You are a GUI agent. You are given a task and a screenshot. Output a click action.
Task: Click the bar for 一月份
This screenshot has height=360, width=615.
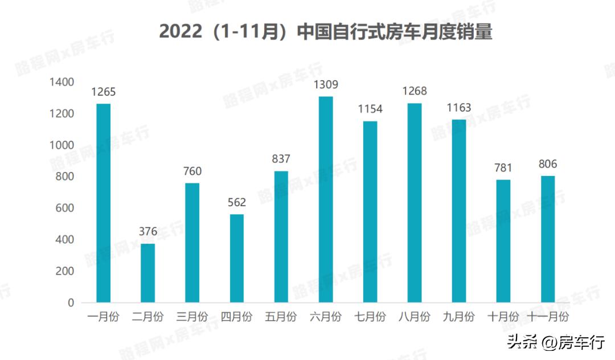(103, 203)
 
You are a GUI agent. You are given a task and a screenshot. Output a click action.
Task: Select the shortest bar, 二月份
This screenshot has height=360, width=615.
(147, 273)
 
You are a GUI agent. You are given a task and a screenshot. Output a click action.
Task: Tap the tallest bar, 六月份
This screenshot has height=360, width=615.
(325, 199)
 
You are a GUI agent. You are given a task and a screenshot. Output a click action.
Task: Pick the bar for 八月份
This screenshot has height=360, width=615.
(415, 202)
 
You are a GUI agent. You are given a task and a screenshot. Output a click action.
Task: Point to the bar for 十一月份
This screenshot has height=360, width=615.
(547, 239)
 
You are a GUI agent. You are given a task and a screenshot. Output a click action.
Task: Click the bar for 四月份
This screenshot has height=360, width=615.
(236, 258)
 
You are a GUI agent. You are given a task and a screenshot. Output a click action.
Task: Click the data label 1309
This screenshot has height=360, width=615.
(326, 85)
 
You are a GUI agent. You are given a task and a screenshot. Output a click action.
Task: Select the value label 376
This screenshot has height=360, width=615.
(148, 232)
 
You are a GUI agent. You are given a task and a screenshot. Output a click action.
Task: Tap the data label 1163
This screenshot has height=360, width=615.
(459, 108)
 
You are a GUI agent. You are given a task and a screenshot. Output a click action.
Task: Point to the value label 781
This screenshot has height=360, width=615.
(503, 168)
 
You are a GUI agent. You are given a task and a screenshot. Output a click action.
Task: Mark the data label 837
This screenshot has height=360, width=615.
(281, 159)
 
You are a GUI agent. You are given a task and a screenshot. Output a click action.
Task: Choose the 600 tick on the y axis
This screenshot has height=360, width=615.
(65, 208)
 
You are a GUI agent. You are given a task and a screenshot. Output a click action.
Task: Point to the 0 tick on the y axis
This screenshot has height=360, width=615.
(71, 303)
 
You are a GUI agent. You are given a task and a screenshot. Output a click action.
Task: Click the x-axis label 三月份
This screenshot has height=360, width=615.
(192, 317)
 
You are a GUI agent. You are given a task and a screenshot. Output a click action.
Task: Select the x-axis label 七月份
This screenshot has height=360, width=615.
(370, 317)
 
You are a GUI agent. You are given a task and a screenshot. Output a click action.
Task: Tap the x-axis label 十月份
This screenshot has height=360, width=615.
(503, 317)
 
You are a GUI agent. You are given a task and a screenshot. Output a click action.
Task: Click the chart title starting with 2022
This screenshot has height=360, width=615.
(325, 31)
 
